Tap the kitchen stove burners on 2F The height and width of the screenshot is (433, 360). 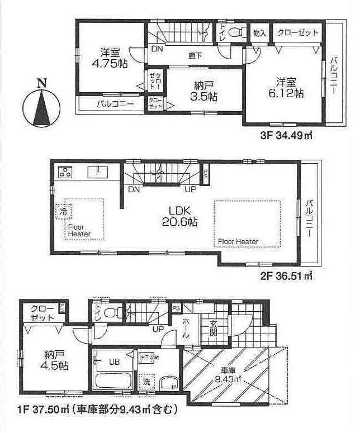tap(65, 172)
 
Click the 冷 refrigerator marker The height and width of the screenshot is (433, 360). tap(62, 212)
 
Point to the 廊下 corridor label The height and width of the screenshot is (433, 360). tap(195, 55)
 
